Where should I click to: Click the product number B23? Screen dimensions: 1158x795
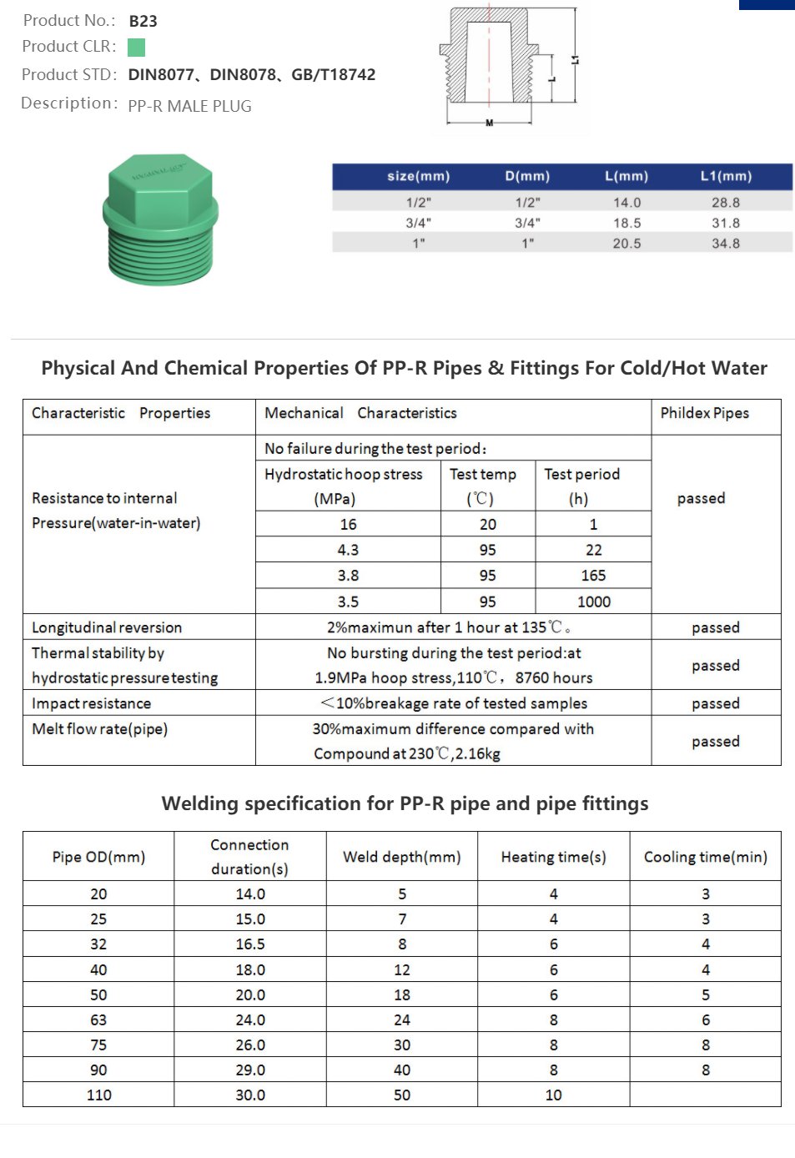pos(143,21)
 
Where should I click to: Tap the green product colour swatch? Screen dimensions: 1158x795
pos(136,48)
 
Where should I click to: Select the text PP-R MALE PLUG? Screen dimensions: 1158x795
pos(189,106)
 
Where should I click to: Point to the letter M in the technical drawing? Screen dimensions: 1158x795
pos(490,123)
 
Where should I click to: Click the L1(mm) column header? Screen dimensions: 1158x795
pos(726,176)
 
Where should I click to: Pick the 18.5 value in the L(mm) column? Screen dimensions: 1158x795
pos(626,223)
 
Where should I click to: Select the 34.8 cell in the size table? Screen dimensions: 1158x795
pos(726,244)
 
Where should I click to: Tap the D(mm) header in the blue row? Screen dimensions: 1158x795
pos(527,176)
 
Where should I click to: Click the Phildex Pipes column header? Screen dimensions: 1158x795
pos(704,413)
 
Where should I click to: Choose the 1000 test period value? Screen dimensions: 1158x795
pos(593,602)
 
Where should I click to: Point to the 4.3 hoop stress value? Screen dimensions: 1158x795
pos(348,550)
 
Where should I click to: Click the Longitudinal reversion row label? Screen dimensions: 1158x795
pos(107,627)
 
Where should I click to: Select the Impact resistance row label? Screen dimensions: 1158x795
pos(91,703)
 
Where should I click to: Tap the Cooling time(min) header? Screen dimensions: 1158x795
pos(705,857)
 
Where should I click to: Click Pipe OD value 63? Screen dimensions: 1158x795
pos(98,1020)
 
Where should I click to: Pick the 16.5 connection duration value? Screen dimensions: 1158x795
pos(249,944)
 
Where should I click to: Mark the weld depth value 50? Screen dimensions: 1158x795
pos(401,1095)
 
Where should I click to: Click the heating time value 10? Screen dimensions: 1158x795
pos(553,1095)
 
